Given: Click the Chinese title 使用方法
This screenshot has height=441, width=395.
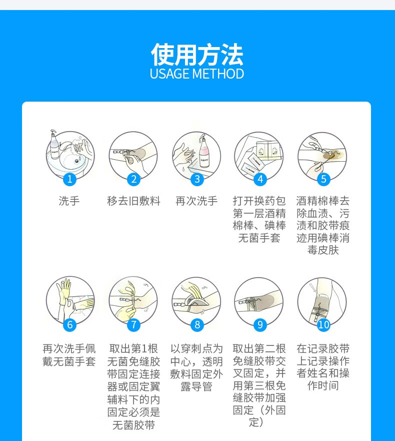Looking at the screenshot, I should click(x=197, y=55).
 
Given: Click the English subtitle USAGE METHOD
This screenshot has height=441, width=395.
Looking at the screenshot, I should click(x=197, y=74).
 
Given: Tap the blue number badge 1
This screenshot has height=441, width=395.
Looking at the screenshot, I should click(x=70, y=179).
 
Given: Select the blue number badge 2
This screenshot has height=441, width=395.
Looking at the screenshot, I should click(x=133, y=179).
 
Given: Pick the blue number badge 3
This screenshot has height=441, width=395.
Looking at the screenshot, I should click(x=197, y=179).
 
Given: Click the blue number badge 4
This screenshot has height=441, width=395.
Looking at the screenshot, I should click(x=260, y=179).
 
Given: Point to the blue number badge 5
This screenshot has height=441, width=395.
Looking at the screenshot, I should click(x=323, y=179).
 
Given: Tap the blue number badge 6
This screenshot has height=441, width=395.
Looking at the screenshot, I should click(x=70, y=324).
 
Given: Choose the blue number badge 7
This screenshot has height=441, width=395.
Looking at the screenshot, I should click(x=133, y=324).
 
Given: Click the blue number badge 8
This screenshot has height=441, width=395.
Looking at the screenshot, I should click(x=197, y=324).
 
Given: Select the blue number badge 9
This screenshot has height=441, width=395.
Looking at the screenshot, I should click(x=260, y=324).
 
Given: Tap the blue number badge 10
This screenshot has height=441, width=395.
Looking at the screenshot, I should click(x=323, y=324).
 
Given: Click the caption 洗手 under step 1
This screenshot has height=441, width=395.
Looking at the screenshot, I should click(x=69, y=201).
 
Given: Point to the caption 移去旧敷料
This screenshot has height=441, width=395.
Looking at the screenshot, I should click(x=133, y=201).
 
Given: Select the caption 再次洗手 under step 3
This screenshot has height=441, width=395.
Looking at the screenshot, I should click(x=197, y=201).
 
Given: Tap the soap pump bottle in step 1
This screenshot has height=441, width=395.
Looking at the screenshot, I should click(x=53, y=145).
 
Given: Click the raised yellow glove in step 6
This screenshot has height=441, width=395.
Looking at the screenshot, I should click(x=64, y=293).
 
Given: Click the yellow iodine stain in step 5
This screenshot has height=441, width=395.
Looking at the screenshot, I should click(x=330, y=156).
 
